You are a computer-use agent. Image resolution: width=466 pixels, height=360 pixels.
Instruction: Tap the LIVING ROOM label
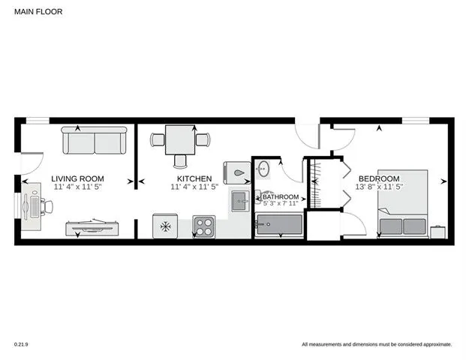click(x=77, y=178)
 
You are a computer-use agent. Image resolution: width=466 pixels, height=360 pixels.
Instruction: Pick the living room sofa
click(x=93, y=139)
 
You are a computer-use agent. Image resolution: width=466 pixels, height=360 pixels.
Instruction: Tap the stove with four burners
click(x=204, y=225)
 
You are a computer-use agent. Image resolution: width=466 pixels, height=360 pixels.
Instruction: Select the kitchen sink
click(x=240, y=200)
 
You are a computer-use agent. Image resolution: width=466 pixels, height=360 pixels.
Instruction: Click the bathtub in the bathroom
click(x=278, y=225)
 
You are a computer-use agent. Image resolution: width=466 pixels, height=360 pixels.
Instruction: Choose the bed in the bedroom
click(x=403, y=203)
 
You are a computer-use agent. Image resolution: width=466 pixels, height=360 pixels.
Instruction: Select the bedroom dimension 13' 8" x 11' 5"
click(x=383, y=187)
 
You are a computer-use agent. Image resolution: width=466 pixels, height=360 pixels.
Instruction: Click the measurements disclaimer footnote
click(x=376, y=344)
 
